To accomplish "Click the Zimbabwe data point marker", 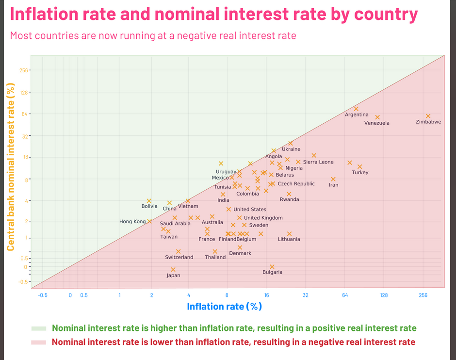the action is pos(428,116).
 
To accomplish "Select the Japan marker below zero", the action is pos(173,270).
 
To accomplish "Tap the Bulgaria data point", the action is pos(272,267).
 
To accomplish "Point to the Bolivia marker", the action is pos(149,201).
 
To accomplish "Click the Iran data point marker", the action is pos(333,179).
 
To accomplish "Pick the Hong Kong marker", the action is pos(149,221).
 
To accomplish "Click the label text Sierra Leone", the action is pos(318,162).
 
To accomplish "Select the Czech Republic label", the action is pos(296,184).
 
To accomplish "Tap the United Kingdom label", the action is pos(263,218).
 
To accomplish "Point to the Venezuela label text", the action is pos(376,123).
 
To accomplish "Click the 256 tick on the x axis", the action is pos(423,295).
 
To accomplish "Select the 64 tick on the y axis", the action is pos(24,114).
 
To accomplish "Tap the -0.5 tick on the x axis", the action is pos(43,295).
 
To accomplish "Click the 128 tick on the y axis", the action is pos(24,93).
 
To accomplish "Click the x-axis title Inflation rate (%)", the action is pos(224,307).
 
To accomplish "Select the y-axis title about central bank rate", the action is pos(11,167).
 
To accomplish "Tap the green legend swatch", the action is pos(39,328).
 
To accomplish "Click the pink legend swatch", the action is pos(39,342).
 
